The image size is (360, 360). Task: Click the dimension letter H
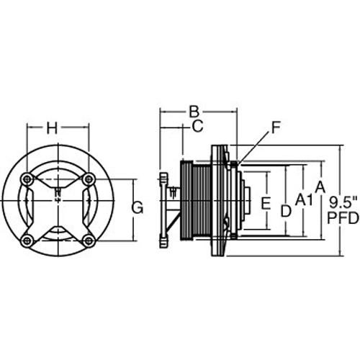coord(52,127)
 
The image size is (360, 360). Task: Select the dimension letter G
coord(138,207)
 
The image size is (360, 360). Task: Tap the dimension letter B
coord(194,112)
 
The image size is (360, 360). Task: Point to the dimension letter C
coord(198,126)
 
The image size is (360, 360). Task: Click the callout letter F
coord(276,127)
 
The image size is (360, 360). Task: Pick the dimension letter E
coord(266,203)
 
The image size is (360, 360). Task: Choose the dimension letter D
coord(286,211)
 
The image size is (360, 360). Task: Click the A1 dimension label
coord(304,200)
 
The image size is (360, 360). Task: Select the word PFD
coord(343,218)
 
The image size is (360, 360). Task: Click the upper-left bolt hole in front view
coord(27,179)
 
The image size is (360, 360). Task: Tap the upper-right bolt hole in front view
coord(89,179)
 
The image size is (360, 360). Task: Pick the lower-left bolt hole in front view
coord(27,240)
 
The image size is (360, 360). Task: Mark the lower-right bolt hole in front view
coord(89,240)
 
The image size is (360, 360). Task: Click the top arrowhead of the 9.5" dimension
coord(341,148)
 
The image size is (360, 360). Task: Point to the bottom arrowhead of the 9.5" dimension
coord(341,253)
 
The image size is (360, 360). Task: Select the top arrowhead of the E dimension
coord(267,175)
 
